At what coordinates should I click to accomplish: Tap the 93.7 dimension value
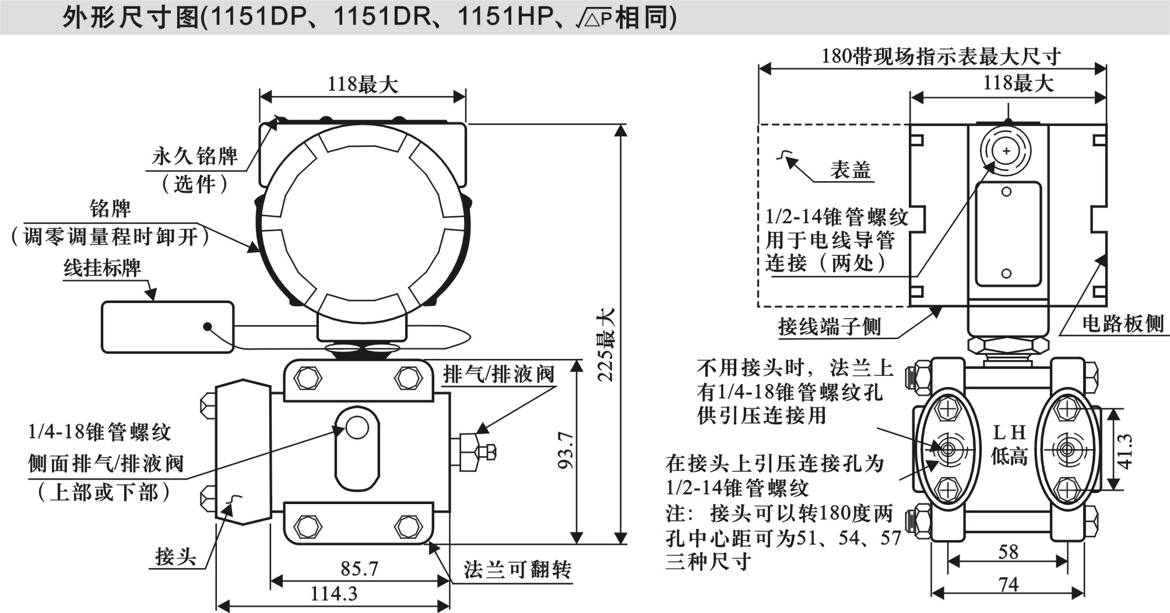(x=565, y=450)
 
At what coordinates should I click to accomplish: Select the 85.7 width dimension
(x=360, y=568)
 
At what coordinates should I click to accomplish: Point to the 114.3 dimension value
(x=333, y=594)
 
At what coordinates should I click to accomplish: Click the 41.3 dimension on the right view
(x=1125, y=451)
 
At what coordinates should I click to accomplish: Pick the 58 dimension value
(x=1008, y=551)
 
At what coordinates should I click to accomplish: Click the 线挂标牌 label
(x=103, y=267)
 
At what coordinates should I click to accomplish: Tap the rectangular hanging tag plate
(x=168, y=327)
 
